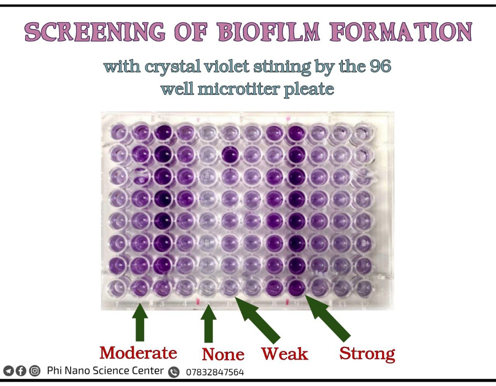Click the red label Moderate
click(138, 353)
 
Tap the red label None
click(223, 354)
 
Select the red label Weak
click(284, 353)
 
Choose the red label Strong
click(367, 353)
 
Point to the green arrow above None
click(208, 324)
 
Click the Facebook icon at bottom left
click(21, 371)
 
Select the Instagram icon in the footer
click(35, 371)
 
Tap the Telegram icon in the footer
click(9, 371)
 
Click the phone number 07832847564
click(215, 372)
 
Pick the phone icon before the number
click(174, 372)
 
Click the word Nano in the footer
click(77, 371)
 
